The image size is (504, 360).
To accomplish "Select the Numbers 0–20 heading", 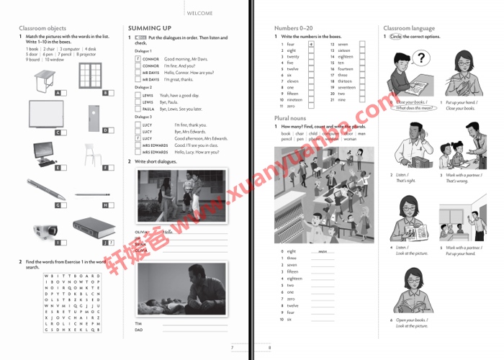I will click(x=296, y=27).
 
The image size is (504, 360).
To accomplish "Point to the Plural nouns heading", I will click(x=290, y=117).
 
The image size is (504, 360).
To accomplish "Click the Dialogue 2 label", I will click(x=146, y=86).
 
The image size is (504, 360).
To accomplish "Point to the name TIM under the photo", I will click(x=139, y=323).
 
